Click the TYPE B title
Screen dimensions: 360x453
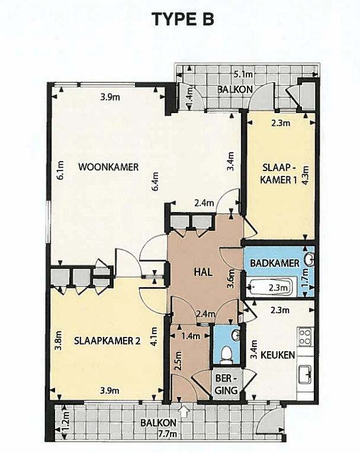coord(183,20)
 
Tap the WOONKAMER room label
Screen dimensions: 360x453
coord(108,167)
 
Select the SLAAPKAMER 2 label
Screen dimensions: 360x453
coord(107,341)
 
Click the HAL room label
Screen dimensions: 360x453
coord(204,272)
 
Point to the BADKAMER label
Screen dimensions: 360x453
coord(275,263)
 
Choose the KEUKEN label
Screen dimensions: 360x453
coord(278,355)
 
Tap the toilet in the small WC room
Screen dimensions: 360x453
coord(227,355)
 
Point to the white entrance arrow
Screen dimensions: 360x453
coord(184,410)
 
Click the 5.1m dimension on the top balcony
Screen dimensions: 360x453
coord(243,75)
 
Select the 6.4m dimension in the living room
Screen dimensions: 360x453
coord(156,181)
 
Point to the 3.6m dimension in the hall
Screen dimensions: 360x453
coord(231,279)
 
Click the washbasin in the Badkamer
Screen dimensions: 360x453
coord(310,259)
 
